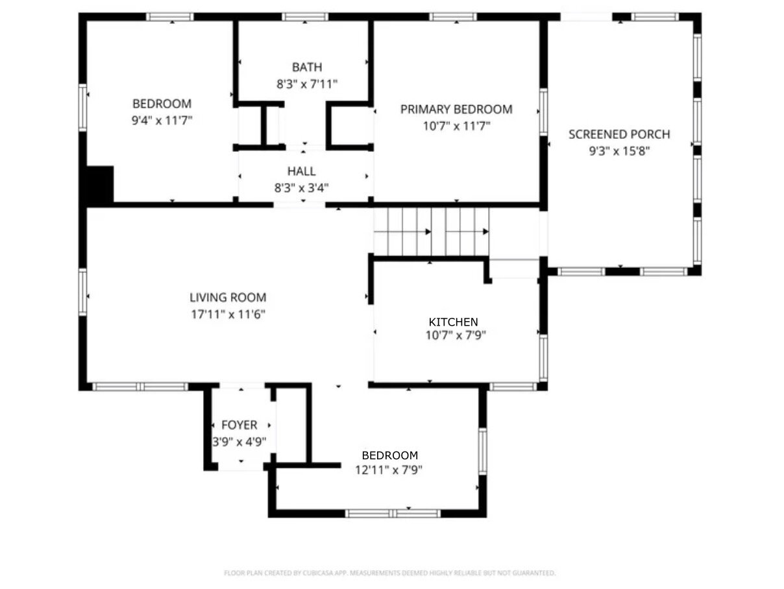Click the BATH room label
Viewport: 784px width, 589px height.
[x=307, y=67]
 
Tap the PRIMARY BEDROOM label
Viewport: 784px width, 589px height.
[x=456, y=109]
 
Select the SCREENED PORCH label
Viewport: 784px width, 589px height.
[x=619, y=134]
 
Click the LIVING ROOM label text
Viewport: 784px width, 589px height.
[x=228, y=297]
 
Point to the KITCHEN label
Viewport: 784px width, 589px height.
[x=453, y=322]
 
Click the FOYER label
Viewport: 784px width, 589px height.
[x=239, y=425]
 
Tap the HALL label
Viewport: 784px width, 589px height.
[x=301, y=171]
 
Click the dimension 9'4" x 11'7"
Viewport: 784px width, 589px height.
[x=162, y=120]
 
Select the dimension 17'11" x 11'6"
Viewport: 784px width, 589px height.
[x=228, y=314]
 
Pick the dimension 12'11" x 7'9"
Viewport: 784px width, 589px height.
[x=389, y=470]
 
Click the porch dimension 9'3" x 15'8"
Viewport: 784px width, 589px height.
[x=619, y=151]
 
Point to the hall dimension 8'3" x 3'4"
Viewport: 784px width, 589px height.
[x=301, y=187]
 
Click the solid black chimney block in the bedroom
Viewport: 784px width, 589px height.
[x=100, y=185]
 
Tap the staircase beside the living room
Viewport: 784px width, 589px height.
[x=431, y=232]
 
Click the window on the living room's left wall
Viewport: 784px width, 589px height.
[x=82, y=293]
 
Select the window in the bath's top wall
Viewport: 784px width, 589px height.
[x=304, y=17]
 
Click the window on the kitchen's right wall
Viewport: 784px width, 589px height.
[x=543, y=358]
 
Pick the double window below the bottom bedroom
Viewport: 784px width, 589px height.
[x=393, y=513]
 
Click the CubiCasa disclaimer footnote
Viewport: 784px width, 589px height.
[x=389, y=573]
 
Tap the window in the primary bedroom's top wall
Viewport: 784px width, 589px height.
[x=452, y=17]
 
